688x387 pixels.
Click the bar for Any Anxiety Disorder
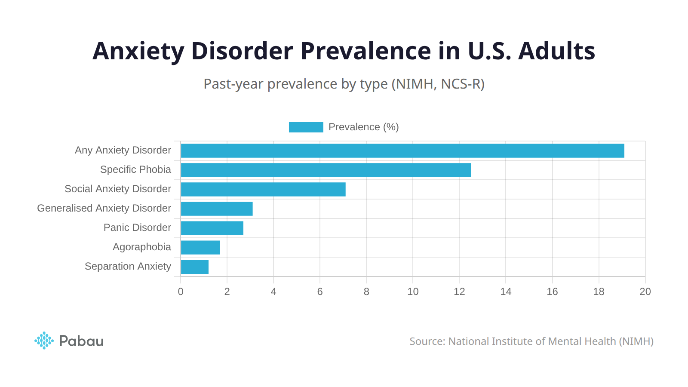pos(402,151)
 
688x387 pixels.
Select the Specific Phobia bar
pos(326,170)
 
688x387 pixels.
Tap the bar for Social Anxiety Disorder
pos(263,190)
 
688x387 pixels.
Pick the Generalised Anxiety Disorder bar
pos(217,209)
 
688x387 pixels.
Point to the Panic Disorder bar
pos(212,228)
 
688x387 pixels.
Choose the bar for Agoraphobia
pos(200,248)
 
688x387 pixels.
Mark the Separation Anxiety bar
pos(194,267)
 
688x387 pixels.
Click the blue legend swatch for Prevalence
pos(306,127)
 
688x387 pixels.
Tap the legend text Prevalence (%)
pos(363,127)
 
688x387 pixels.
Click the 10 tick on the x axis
pos(413,292)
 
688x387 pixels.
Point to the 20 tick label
pos(645,292)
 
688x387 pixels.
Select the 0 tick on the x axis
pos(181,292)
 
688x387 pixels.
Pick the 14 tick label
pos(506,292)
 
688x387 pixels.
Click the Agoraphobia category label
pos(141,247)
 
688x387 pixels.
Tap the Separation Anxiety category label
pos(128,267)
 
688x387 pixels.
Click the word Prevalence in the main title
pos(365,51)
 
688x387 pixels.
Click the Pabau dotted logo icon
pos(44,341)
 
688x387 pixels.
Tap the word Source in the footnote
pos(427,341)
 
